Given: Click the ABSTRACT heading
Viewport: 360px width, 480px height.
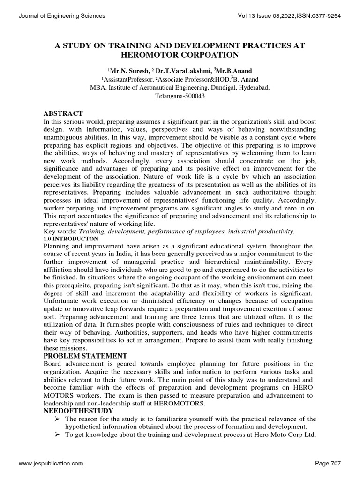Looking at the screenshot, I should pyautogui.click(x=63, y=114).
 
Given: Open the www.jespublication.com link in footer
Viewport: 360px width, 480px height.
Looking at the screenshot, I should pyautogui.click(x=51, y=463).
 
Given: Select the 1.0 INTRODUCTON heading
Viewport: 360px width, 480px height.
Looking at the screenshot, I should pyautogui.click(x=70, y=238).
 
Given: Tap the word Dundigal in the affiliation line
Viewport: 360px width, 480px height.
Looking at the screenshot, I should pyautogui.click(x=219, y=87).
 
